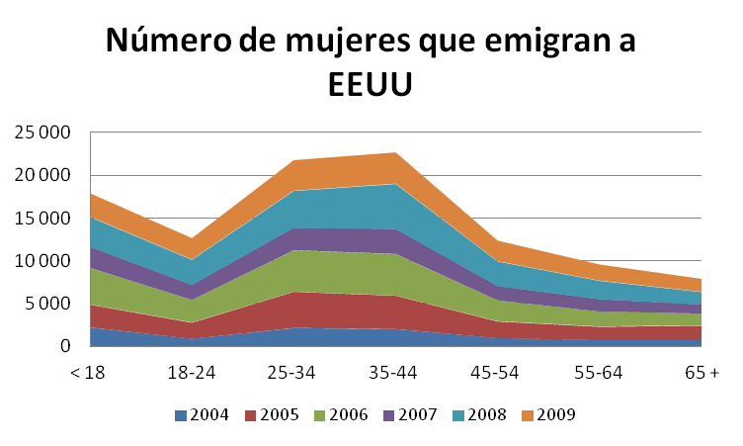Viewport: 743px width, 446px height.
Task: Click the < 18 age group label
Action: [90, 373]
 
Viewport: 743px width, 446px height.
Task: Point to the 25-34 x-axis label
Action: [293, 373]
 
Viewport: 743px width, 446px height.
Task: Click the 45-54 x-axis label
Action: [497, 373]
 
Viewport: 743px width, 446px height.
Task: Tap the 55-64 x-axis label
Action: [599, 373]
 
